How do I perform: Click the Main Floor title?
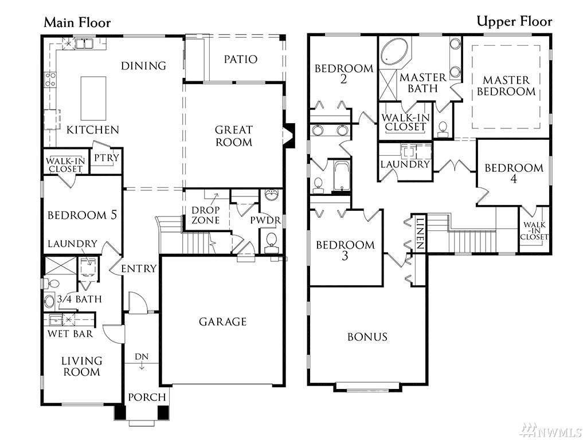click(x=77, y=23)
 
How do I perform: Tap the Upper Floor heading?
click(x=514, y=22)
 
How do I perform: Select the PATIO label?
click(x=241, y=59)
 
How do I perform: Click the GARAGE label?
click(x=223, y=322)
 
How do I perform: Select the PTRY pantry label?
click(x=106, y=158)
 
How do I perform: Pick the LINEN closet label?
click(x=420, y=234)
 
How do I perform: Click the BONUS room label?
click(x=367, y=337)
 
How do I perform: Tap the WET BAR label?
click(x=70, y=333)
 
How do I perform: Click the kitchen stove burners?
click(x=50, y=80)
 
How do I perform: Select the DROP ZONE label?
click(x=206, y=215)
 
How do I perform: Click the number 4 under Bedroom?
click(x=514, y=179)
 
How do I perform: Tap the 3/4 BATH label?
click(x=79, y=299)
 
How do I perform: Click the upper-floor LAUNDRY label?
click(x=405, y=164)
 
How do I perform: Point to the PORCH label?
click(x=147, y=397)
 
